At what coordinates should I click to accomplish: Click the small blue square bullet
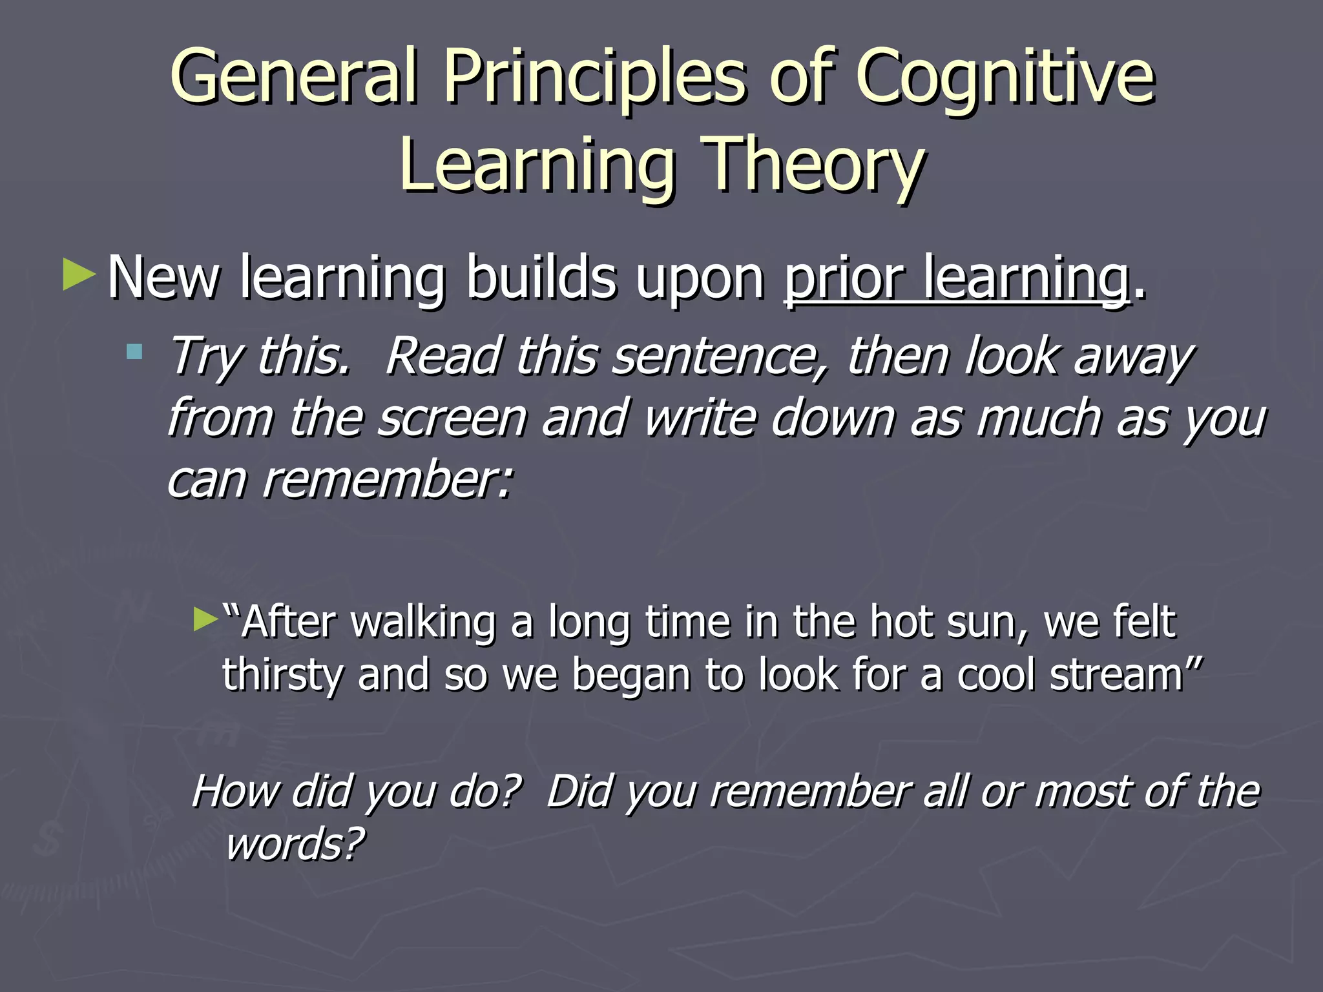[134, 352]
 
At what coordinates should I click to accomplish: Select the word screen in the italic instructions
[452, 418]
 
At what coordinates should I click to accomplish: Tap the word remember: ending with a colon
[388, 480]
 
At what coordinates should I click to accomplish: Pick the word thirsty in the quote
[282, 675]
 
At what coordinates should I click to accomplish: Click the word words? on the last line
[295, 844]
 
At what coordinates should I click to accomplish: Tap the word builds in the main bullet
[541, 278]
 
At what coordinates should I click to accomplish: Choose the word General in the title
[294, 77]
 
